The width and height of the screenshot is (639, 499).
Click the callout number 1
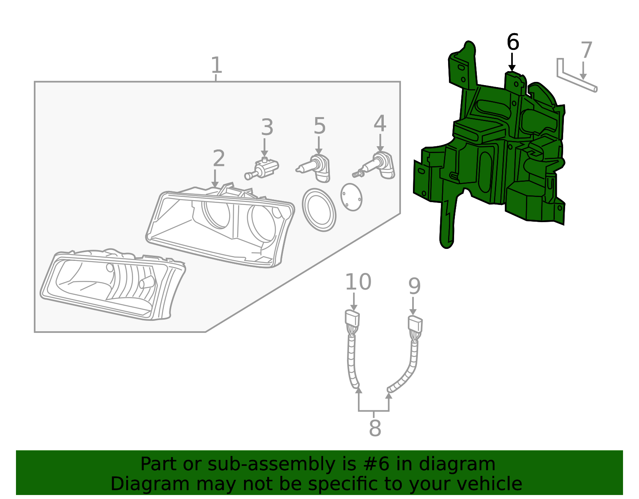coord(216,65)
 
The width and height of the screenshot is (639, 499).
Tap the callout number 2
coord(218,159)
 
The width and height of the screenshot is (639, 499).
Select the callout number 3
coord(267,127)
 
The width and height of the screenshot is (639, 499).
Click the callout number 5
coord(319,126)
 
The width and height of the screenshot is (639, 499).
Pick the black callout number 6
coord(513,42)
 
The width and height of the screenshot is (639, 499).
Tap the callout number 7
coord(586,51)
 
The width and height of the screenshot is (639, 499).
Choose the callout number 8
coord(375,428)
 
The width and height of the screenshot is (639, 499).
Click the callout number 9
coord(415,286)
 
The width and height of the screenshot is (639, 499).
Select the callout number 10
coord(358,282)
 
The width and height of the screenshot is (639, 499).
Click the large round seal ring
coord(319,210)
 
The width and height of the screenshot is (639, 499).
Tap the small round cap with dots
coord(351,197)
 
